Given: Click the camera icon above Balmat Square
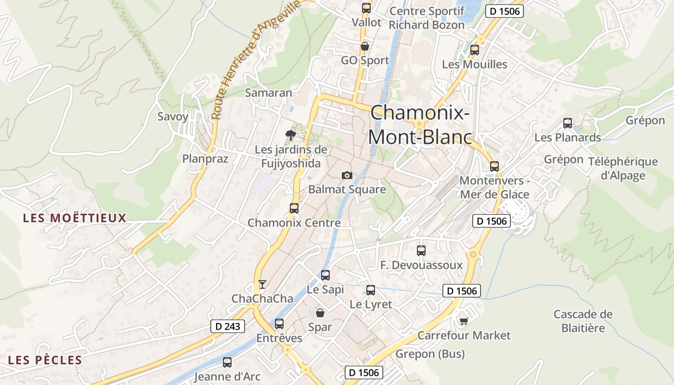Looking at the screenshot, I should pos(347,176).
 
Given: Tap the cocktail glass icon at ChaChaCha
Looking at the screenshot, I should pos(262,284).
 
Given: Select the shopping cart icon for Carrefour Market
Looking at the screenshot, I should pos(464,321).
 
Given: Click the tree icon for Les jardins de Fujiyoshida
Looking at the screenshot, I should pos(290,135).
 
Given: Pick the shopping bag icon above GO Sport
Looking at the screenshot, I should pos(365,47).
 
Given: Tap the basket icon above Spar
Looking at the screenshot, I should pos(320,313).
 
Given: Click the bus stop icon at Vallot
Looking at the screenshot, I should pos(366,8).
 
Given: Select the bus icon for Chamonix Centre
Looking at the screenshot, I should pos(294,208).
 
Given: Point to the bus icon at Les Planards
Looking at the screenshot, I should pos(568,123).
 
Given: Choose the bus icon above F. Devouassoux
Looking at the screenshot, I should pos(421,251).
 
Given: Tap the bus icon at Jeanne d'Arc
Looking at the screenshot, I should pos(227,362).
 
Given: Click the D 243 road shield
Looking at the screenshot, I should pos(228,326).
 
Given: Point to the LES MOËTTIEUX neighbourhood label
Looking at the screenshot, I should pos(75,218).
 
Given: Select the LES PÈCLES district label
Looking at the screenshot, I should pos(45,360).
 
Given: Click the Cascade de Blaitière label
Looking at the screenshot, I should pos(583,321).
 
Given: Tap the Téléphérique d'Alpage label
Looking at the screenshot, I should pos(623,168).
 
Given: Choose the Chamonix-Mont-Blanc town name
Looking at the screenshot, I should pos(420,125).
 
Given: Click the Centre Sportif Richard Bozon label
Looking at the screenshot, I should pos(427,18).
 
